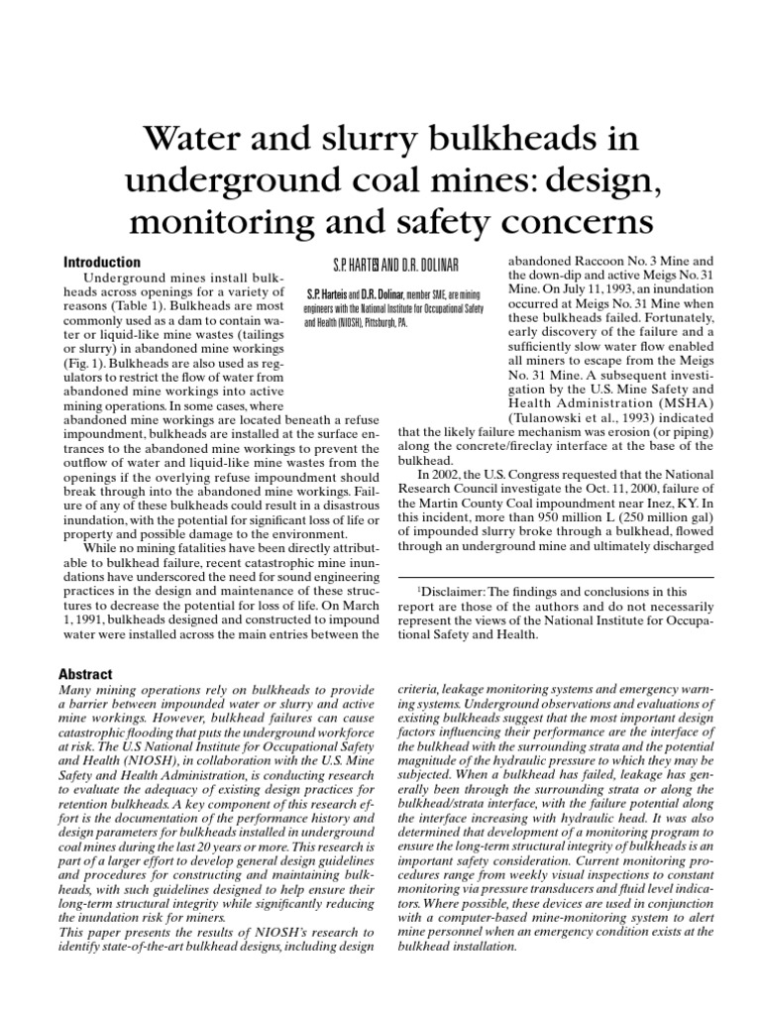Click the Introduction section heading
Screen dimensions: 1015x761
click(102, 263)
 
